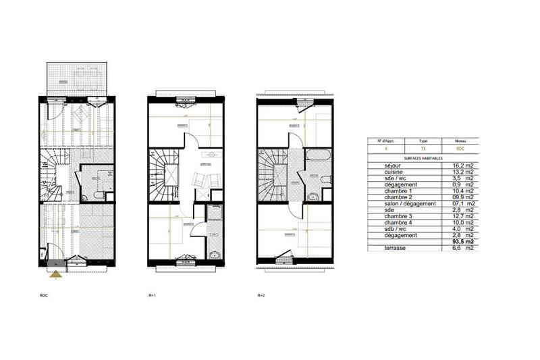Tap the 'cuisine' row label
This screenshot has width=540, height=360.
pyautogui.click(x=380, y=172)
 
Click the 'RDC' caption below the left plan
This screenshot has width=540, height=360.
pyautogui.click(x=45, y=296)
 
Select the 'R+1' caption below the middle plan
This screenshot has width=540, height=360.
pyautogui.click(x=152, y=296)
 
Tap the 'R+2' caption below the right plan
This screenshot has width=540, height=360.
pyautogui.click(x=261, y=296)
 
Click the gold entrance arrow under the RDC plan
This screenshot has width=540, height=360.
pyautogui.click(x=56, y=274)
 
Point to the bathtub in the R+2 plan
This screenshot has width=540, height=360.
pyautogui.click(x=317, y=157)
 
